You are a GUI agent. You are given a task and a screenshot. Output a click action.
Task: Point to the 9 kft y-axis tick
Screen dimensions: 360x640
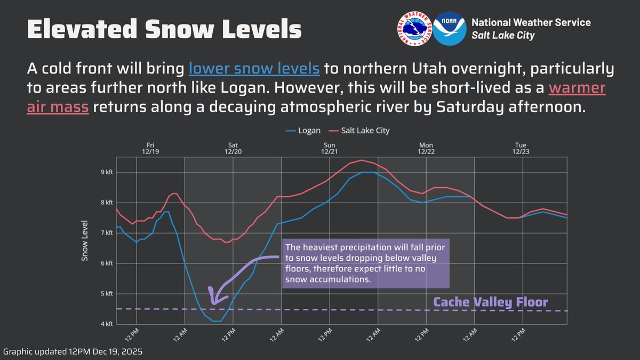tap(107, 172)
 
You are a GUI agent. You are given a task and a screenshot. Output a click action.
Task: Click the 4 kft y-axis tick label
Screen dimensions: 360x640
tap(107, 324)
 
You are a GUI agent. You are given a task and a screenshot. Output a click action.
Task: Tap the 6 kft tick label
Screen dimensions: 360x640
tap(107, 263)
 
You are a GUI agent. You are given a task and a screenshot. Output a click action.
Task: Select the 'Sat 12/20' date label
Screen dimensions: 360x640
tap(233, 148)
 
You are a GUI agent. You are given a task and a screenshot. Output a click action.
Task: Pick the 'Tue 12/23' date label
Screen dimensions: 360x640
tap(521, 148)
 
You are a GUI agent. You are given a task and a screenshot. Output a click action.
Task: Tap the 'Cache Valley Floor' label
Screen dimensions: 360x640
tap(490, 302)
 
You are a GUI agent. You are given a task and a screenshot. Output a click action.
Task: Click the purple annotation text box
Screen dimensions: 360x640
tap(366, 263)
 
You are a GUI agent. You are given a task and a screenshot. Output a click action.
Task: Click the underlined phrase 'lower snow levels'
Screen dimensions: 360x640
tap(254, 69)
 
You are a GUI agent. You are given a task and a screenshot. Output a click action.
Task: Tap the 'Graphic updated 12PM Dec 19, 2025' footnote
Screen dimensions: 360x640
tap(73, 353)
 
